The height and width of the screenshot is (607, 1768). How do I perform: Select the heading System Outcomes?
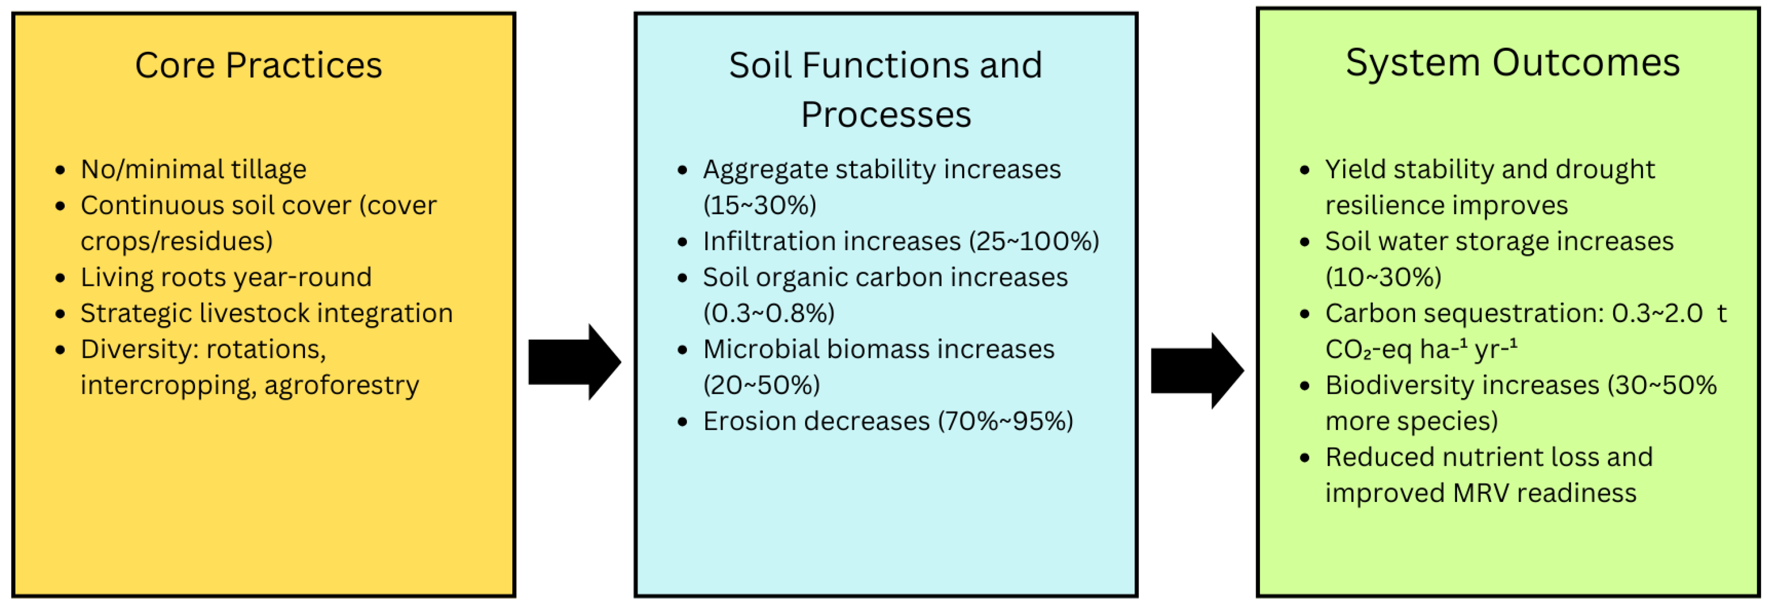pos(1513,63)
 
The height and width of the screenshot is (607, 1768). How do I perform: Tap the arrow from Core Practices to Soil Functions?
pos(574,362)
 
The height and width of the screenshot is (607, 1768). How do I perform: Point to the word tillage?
pos(269,169)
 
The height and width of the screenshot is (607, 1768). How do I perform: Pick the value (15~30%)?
pos(760,205)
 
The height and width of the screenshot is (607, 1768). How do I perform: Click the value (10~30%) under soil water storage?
pos(1383,277)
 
